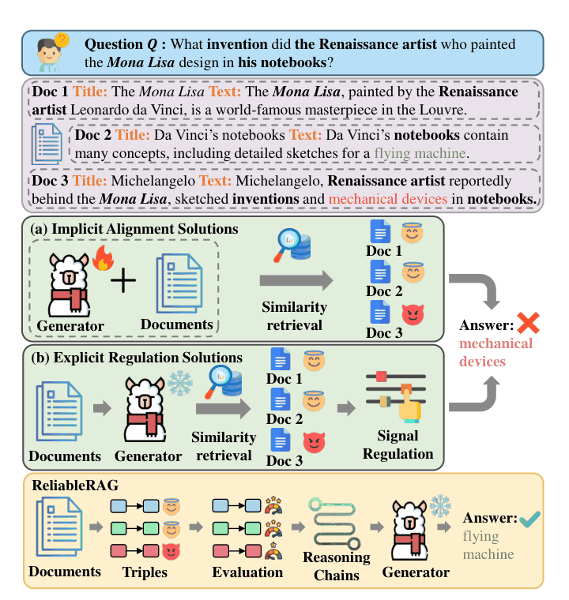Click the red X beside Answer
point(528,323)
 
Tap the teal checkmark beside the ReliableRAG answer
point(530,519)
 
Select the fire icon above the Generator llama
point(104,258)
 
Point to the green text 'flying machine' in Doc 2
point(420,153)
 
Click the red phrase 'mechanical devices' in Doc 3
point(388,199)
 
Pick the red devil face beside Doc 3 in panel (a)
point(413,314)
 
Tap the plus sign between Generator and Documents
point(123,280)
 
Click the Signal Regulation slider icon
point(396,397)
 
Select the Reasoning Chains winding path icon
point(335,523)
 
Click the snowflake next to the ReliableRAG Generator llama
point(440,506)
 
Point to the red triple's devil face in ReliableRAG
point(171,551)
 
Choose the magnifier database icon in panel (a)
point(292,246)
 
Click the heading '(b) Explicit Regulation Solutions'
point(137,358)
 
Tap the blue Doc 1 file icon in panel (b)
point(280,359)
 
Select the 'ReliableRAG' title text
point(75,486)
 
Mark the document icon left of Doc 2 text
point(47,144)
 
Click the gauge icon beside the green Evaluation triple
point(273,528)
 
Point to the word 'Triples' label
point(145,572)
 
